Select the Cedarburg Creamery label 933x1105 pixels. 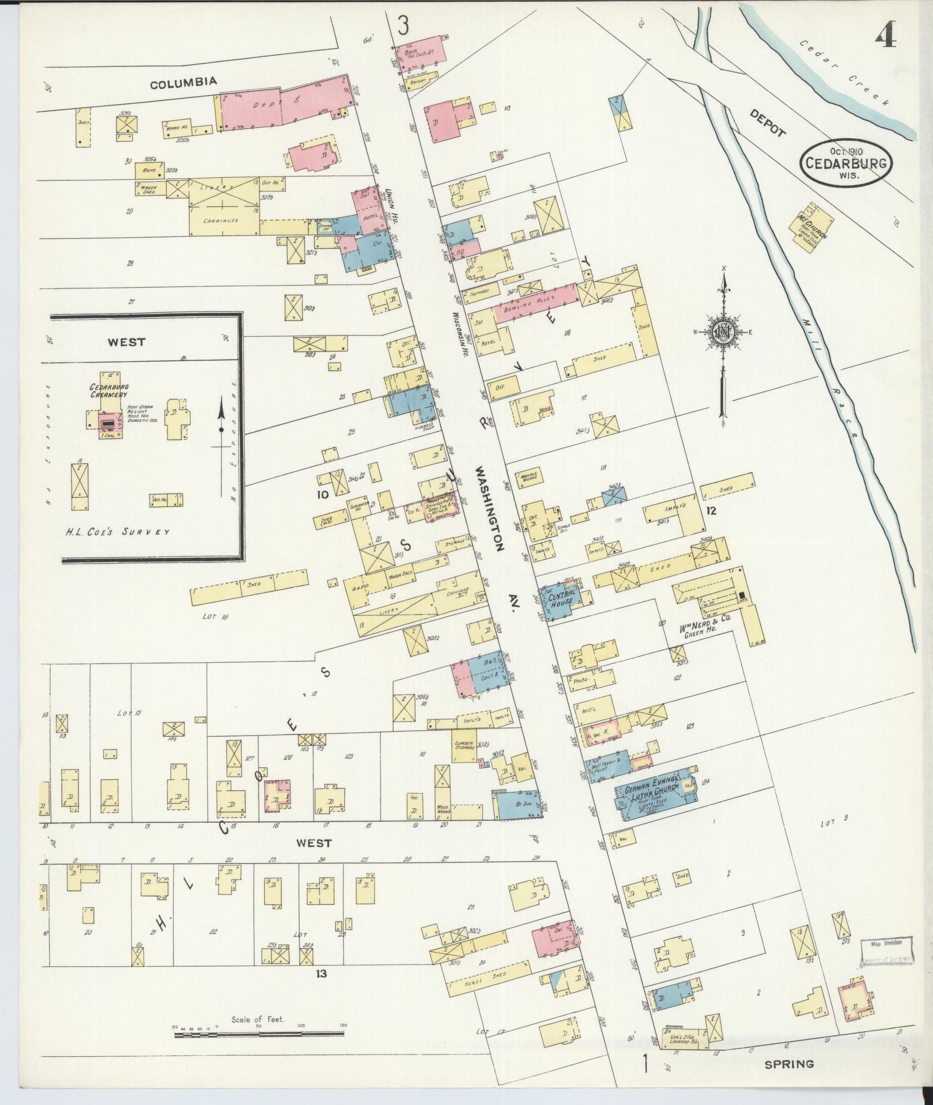[x=108, y=391]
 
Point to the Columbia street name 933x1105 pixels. [x=183, y=82]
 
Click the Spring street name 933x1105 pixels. [x=789, y=1064]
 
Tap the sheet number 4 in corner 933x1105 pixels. [x=885, y=38]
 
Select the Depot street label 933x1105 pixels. [x=767, y=123]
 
